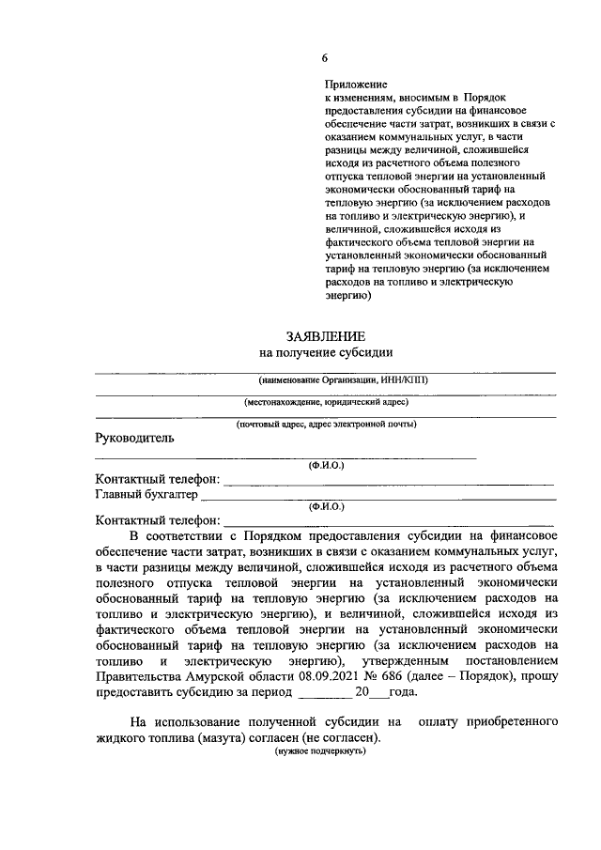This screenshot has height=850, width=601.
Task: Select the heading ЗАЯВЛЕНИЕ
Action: click(x=325, y=335)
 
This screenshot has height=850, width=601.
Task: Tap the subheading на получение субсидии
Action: click(x=325, y=352)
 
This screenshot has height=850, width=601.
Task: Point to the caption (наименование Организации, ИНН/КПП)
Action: click(x=325, y=379)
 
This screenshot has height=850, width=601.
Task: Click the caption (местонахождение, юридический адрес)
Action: click(x=325, y=402)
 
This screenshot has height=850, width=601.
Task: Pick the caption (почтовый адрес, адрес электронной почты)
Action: click(x=325, y=424)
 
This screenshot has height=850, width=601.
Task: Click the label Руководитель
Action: click(x=134, y=438)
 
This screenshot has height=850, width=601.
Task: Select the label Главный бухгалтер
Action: click(x=146, y=493)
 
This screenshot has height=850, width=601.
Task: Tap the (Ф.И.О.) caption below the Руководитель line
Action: click(x=326, y=465)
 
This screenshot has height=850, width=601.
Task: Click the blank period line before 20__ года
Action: click(x=323, y=693)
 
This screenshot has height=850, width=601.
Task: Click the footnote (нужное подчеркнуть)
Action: click(x=318, y=753)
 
